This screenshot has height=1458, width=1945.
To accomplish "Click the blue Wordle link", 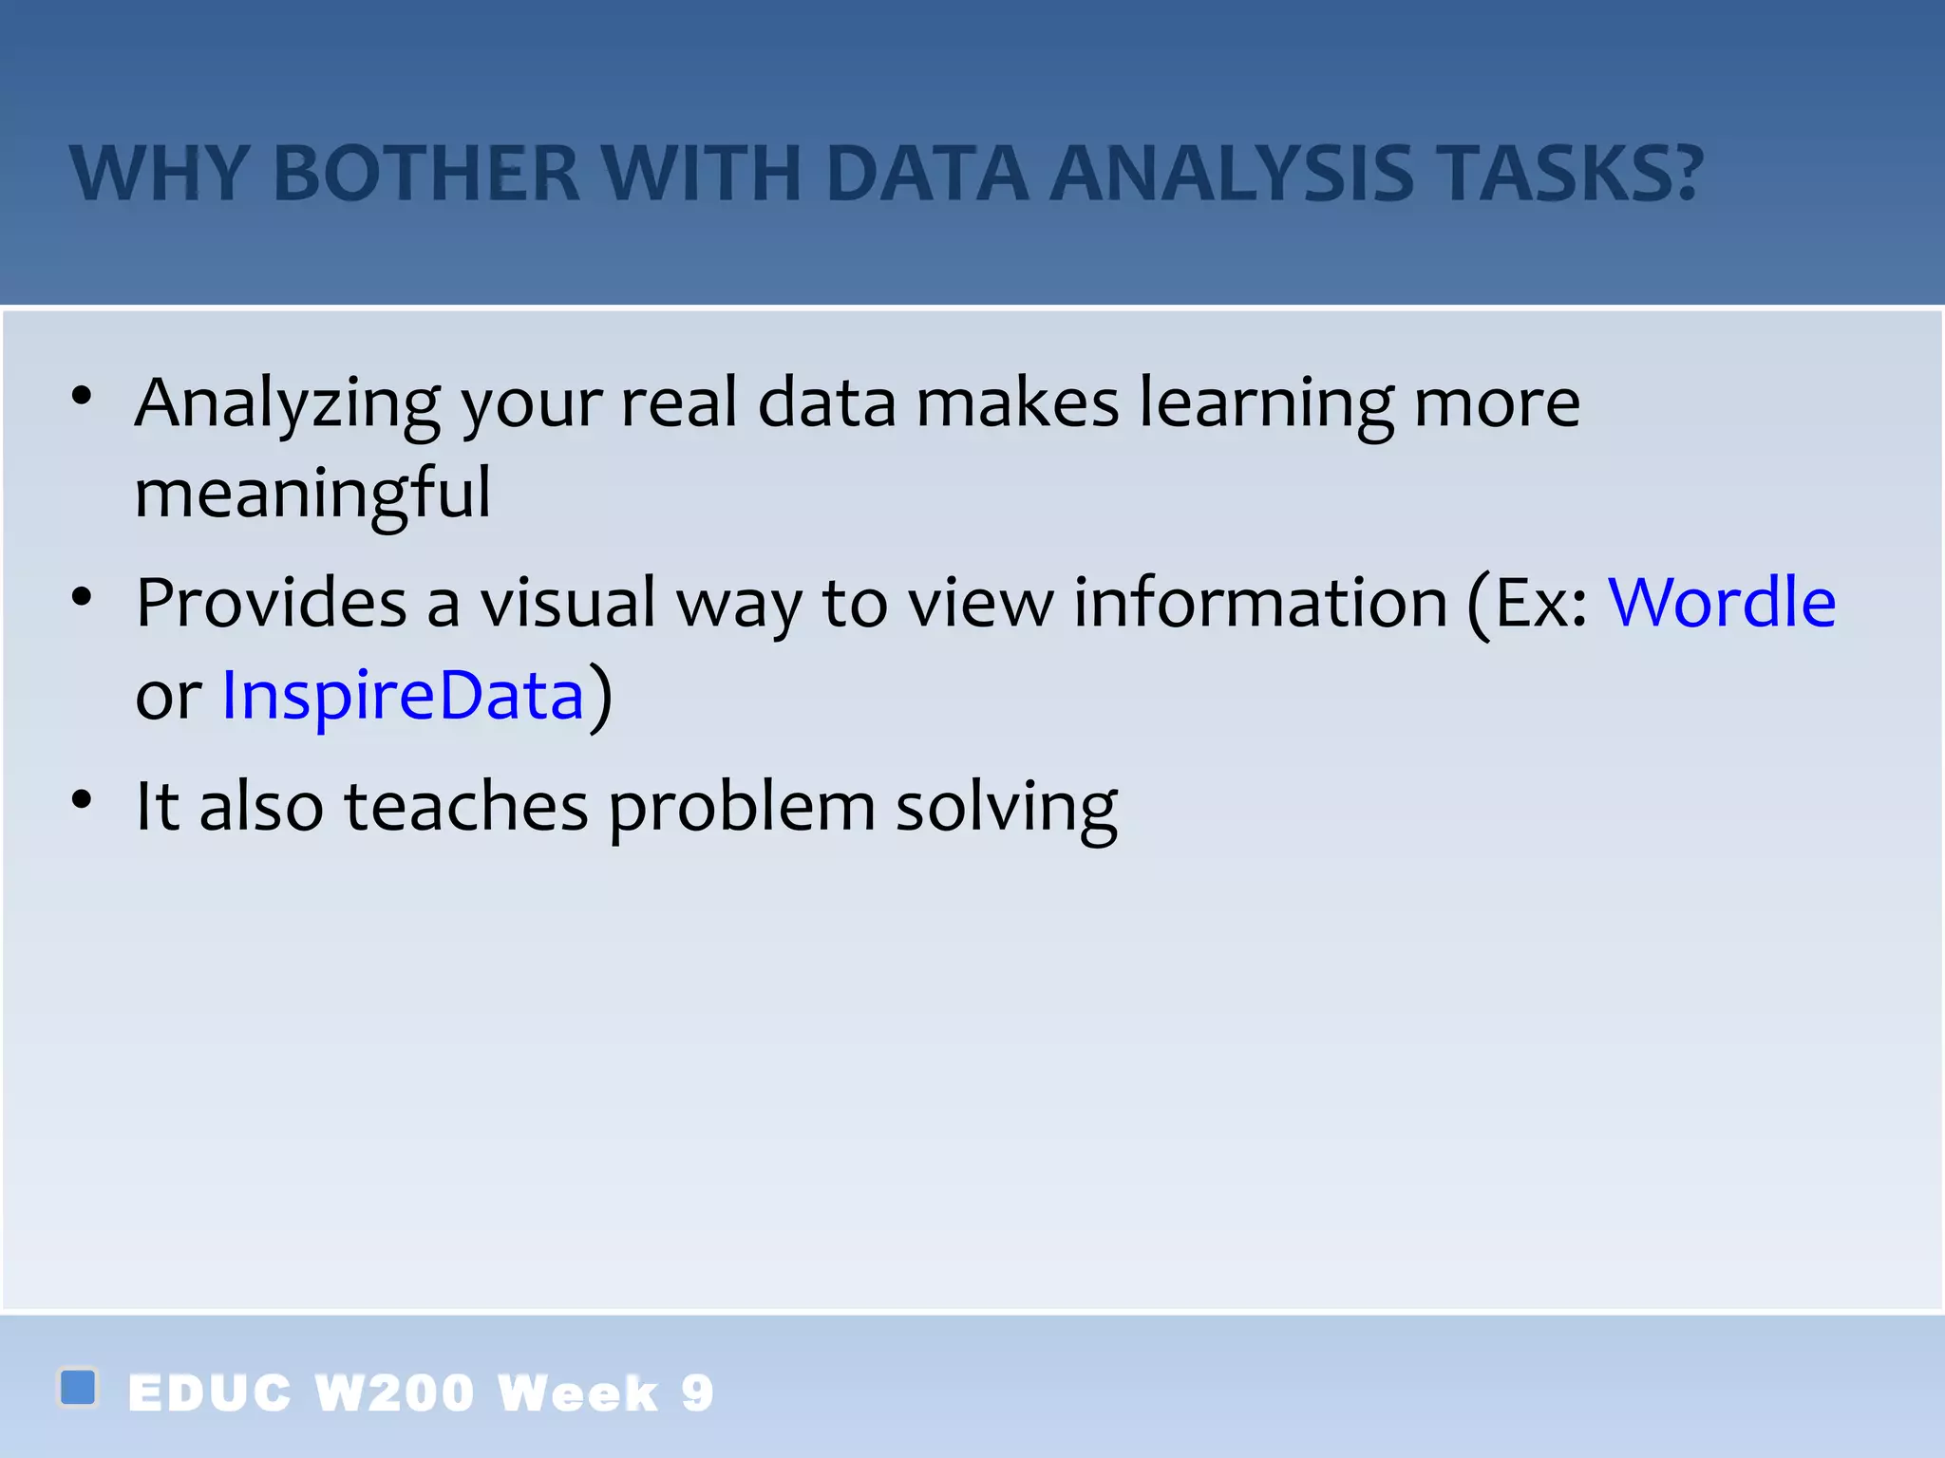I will point(1721,603).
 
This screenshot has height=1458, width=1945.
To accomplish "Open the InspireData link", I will point(403,695).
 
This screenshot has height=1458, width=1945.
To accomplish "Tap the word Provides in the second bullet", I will point(271,605).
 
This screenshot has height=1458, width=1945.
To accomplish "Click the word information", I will point(1260,603).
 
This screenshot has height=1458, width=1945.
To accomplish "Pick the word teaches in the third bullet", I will point(465,807).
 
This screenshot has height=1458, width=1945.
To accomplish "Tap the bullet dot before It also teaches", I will point(83,800).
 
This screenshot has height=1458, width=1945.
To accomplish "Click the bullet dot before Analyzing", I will point(83,396).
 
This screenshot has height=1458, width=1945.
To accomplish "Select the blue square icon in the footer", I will point(78,1387).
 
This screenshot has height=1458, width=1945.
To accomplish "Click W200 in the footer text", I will point(394,1393).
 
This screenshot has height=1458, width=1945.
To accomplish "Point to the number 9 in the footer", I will point(697,1393).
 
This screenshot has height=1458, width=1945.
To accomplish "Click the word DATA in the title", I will point(927,175).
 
